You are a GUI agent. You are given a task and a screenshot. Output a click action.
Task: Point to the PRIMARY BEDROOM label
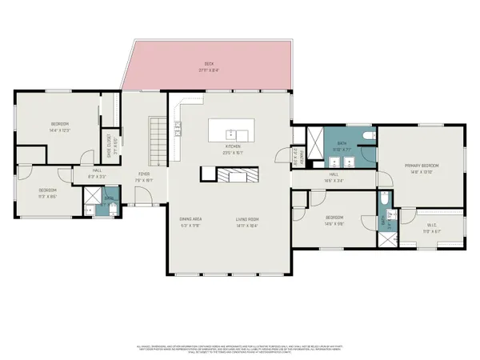tap(420, 166)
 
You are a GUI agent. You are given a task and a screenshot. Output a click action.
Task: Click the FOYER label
tap(144, 176)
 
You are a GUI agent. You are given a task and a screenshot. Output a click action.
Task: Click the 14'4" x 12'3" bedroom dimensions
tap(59, 130)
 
